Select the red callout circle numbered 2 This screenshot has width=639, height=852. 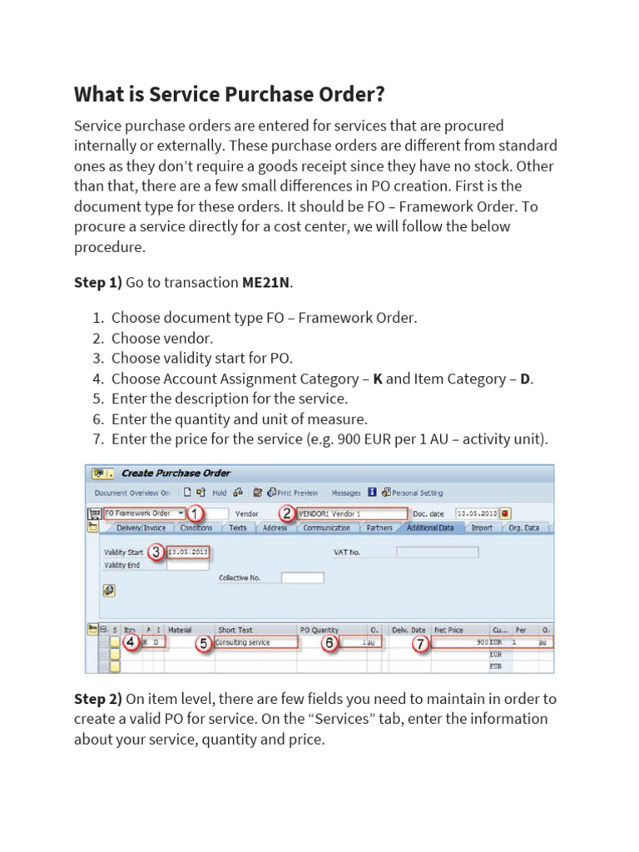(x=287, y=513)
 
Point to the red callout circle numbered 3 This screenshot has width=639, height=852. (x=156, y=551)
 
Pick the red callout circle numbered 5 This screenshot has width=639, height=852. (x=203, y=643)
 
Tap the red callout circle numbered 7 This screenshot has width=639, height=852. (x=421, y=643)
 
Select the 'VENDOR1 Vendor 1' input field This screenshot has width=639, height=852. (x=353, y=513)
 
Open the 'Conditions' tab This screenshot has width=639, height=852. (x=196, y=528)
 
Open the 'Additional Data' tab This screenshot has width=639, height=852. (x=430, y=528)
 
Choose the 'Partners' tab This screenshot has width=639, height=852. (x=379, y=528)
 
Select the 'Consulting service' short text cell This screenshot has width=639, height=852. (x=255, y=642)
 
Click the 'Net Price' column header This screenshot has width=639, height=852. (x=450, y=630)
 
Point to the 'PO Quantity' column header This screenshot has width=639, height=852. (x=319, y=630)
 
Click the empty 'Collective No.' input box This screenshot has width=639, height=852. (x=302, y=577)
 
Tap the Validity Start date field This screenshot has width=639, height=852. (x=188, y=552)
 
